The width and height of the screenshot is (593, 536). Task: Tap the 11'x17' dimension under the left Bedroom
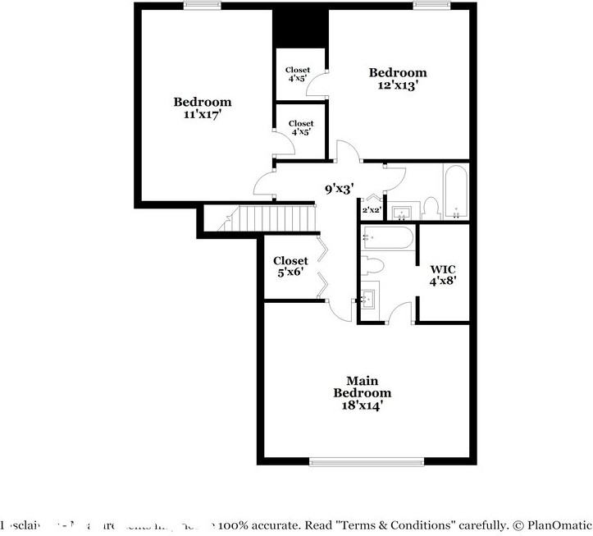[202, 115]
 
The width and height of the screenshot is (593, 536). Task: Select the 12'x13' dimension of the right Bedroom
[398, 85]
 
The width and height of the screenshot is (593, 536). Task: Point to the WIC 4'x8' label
[443, 274]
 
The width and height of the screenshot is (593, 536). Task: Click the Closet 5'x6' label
[290, 266]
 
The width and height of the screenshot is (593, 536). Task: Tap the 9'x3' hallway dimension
[339, 189]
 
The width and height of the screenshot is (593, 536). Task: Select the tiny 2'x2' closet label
[371, 210]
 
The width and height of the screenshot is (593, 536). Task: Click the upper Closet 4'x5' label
[298, 75]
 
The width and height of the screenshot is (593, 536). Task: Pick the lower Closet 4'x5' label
[300, 127]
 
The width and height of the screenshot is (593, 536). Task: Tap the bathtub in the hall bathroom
[455, 193]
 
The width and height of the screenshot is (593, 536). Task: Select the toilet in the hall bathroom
[430, 208]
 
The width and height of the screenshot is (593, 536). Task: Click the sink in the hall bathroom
[402, 213]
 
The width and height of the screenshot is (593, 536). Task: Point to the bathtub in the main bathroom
[388, 239]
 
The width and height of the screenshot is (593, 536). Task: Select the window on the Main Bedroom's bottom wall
[367, 461]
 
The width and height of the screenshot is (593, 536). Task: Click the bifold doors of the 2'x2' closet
[372, 198]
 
